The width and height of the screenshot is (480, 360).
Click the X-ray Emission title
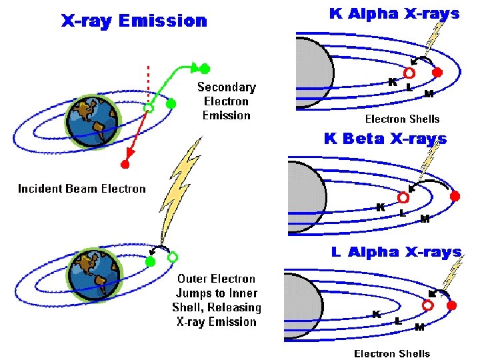tap(134, 21)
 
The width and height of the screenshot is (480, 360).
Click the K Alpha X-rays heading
tap(395, 14)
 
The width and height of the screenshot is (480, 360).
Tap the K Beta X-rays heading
tap(385, 139)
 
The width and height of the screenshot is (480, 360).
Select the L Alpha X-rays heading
tap(396, 252)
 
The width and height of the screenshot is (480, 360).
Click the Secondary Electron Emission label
tap(226, 101)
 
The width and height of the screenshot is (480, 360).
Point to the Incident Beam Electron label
tap(81, 189)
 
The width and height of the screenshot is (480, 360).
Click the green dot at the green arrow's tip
tap(205, 68)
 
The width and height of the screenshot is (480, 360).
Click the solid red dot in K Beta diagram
tap(455, 196)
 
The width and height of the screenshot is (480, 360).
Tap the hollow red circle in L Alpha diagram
tap(427, 305)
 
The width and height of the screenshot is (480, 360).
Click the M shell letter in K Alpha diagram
tap(429, 94)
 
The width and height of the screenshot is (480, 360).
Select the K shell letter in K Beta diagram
tap(380, 207)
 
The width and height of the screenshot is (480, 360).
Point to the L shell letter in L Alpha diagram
tap(398, 321)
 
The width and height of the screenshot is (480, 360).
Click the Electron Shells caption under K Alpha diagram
tap(402, 119)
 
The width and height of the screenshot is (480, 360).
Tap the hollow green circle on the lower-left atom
tap(173, 257)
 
